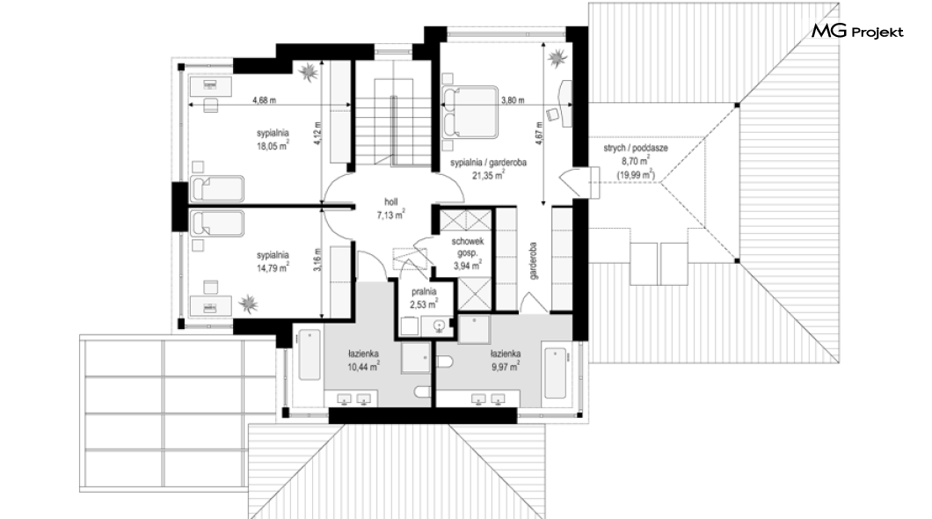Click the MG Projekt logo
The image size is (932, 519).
click(857, 32)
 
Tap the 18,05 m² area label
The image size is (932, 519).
click(273, 146)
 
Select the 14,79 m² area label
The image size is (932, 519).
click(273, 268)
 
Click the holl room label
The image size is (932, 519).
click(390, 202)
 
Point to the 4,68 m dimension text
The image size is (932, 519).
click(264, 100)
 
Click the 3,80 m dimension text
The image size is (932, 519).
click(513, 100)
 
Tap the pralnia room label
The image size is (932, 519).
click(424, 292)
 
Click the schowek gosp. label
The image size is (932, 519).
click(468, 246)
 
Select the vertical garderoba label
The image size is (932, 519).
click(533, 260)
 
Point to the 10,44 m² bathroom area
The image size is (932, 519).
click(364, 367)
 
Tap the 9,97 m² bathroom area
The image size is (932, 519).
click(506, 367)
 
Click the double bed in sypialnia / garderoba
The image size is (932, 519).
click(470, 113)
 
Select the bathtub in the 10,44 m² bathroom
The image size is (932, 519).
click(309, 355)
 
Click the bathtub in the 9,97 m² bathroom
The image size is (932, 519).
click(555, 373)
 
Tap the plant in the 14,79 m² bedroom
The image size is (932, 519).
click(249, 303)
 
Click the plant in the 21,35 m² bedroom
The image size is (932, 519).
click(557, 58)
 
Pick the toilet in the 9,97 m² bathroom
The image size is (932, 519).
click(444, 362)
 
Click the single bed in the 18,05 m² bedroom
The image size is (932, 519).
click(216, 188)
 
